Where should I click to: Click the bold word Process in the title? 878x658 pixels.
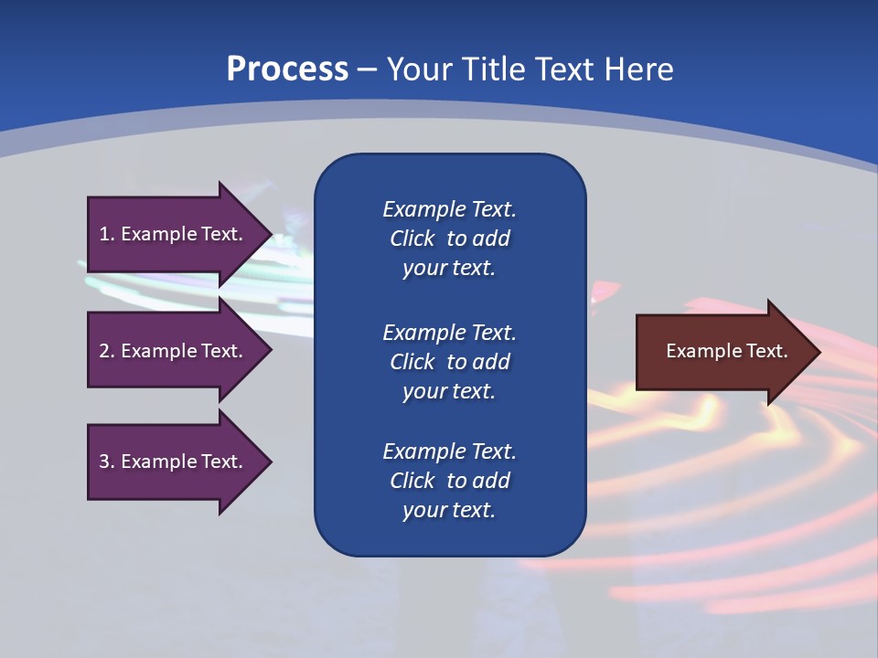pyautogui.click(x=287, y=69)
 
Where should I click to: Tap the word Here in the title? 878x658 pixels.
pyautogui.click(x=638, y=69)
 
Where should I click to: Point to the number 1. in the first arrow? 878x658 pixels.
pyautogui.click(x=107, y=234)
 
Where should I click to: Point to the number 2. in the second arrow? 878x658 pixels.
pyautogui.click(x=107, y=351)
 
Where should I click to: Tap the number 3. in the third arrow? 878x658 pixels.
pyautogui.click(x=107, y=462)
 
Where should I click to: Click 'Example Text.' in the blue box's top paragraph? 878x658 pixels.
pyautogui.click(x=449, y=209)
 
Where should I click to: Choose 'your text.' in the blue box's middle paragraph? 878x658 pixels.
pyautogui.click(x=449, y=391)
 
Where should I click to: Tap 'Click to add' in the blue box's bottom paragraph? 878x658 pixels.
pyautogui.click(x=449, y=481)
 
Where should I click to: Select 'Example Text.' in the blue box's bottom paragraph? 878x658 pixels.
pyautogui.click(x=449, y=451)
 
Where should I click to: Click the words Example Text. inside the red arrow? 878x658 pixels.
pyautogui.click(x=726, y=351)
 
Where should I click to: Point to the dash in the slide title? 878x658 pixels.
pyautogui.click(x=367, y=70)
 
